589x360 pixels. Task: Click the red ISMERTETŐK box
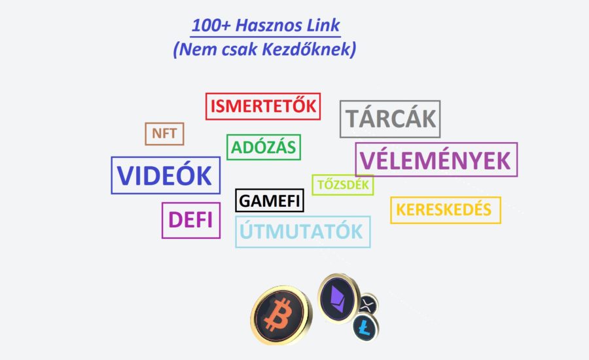[x=263, y=106]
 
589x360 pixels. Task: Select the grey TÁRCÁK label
[x=390, y=118]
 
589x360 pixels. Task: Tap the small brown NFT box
[x=164, y=134]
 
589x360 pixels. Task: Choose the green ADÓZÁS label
[x=264, y=147]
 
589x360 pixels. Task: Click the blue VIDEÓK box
[x=166, y=175]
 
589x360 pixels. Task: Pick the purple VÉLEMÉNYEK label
[x=436, y=160]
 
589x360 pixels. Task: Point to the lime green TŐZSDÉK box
[x=343, y=185]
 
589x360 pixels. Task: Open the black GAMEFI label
[x=270, y=200]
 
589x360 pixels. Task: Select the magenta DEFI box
[x=191, y=220]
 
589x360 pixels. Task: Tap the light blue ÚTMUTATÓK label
[x=303, y=232]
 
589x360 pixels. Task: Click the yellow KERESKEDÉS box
[x=446, y=210]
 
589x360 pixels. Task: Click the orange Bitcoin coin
[x=280, y=315]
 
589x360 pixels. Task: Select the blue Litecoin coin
[x=365, y=328]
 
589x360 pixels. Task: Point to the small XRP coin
[x=368, y=304]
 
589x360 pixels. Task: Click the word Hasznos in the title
[x=268, y=26]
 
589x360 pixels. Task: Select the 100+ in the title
[x=210, y=26]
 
